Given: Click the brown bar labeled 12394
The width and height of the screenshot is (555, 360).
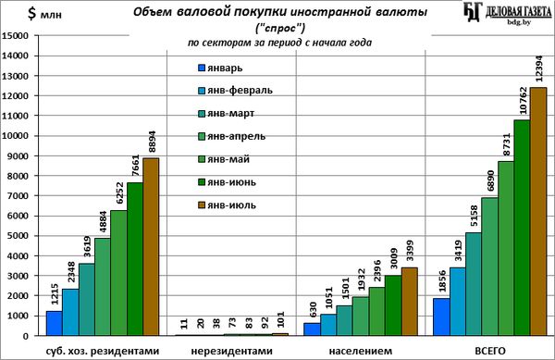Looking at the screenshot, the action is [x=538, y=211].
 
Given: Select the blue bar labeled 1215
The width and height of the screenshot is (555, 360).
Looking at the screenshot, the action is [x=55, y=323].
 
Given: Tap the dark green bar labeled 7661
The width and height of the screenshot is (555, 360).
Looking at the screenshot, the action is [x=135, y=259].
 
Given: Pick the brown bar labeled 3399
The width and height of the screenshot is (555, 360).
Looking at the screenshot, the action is [x=410, y=302].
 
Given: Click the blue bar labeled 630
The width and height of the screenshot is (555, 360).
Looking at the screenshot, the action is [x=313, y=329].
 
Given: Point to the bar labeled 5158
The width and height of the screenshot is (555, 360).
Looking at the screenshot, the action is [x=474, y=284].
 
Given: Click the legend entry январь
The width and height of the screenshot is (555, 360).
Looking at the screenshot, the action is [x=220, y=68].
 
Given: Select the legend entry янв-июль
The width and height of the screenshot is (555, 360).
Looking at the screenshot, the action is [x=227, y=205].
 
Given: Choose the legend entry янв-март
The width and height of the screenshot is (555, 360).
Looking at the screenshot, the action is [x=227, y=114].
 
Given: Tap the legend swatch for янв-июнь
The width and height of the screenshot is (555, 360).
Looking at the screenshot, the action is [x=202, y=182].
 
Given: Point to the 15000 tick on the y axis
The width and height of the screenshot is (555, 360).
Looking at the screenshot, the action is [x=15, y=36].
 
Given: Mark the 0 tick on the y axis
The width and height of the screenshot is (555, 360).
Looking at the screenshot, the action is [x=25, y=336].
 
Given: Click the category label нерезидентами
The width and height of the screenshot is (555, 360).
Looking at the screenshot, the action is [x=232, y=351].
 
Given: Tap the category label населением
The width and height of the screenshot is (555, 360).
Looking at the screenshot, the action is [x=361, y=351].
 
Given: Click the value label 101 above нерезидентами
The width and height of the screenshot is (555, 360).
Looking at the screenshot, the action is [x=280, y=320].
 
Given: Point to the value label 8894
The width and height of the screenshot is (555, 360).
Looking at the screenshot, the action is [x=151, y=142].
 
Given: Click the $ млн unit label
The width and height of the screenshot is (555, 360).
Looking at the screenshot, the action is [x=44, y=14].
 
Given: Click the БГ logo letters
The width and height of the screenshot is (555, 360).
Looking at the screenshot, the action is [x=473, y=12].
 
